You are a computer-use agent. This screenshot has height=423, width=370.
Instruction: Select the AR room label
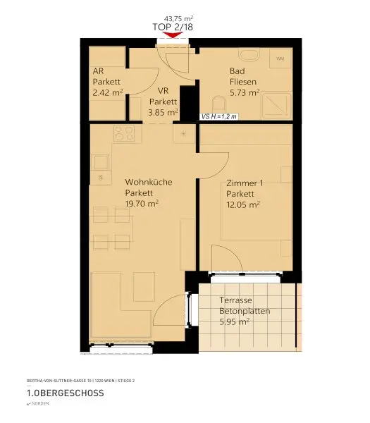(x=98, y=71)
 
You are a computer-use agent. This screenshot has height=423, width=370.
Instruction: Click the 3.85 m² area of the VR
(x=164, y=111)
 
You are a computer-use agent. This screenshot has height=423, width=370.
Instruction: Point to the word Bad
(x=237, y=71)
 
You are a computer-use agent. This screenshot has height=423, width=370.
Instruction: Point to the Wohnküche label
(x=148, y=182)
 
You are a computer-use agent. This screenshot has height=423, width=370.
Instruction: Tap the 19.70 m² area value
(x=141, y=203)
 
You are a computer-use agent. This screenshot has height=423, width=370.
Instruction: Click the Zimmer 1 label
(x=245, y=183)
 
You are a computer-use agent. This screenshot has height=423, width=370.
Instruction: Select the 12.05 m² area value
(x=243, y=204)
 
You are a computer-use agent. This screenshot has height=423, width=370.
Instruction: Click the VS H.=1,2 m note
(x=220, y=118)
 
